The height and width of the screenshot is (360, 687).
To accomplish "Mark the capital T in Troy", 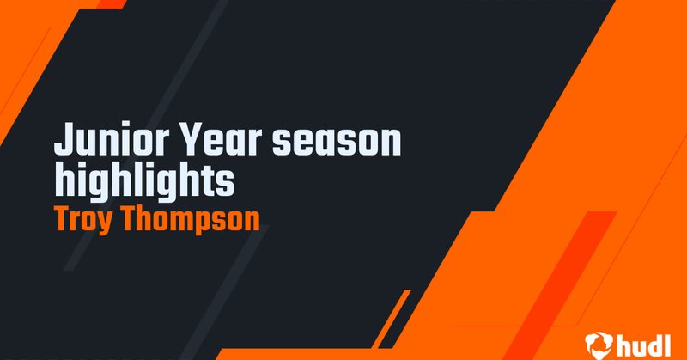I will [61, 219].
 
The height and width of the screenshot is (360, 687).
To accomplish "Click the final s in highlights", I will [226, 181].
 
